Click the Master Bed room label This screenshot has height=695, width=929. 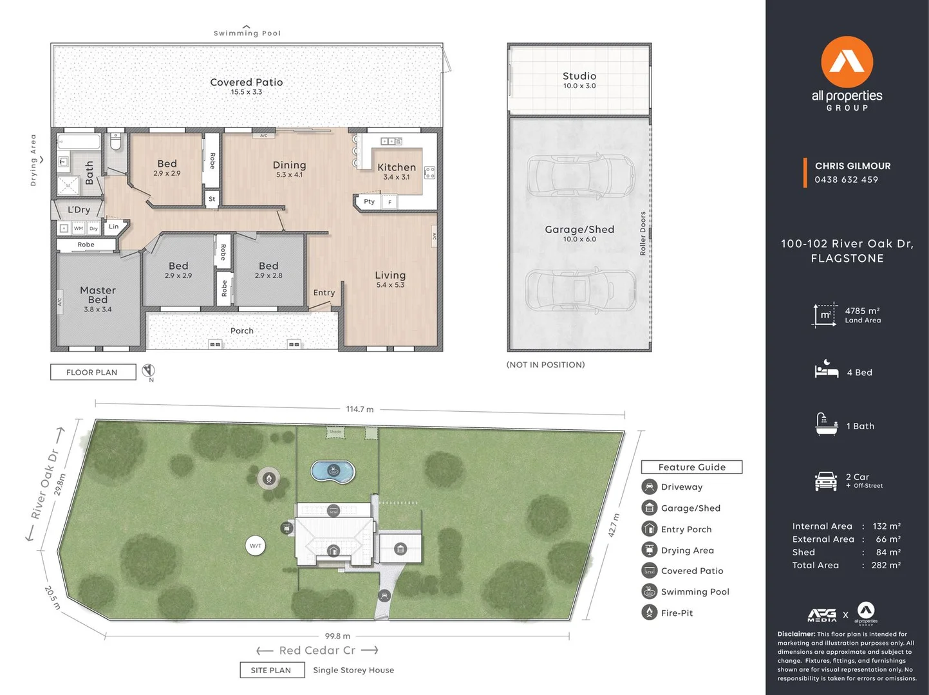click(x=98, y=295)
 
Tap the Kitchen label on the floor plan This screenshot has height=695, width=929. click(x=397, y=167)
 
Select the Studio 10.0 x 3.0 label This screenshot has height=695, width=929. click(x=579, y=80)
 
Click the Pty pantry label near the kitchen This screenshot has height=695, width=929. click(x=369, y=201)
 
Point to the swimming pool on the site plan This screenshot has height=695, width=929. click(x=332, y=471)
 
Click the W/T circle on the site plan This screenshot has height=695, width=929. click(x=256, y=546)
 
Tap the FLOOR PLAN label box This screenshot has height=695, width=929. click(x=93, y=372)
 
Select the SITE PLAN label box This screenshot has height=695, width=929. click(x=270, y=670)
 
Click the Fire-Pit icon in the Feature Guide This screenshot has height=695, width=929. click(x=649, y=613)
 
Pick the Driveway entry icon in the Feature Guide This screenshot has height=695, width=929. click(x=649, y=487)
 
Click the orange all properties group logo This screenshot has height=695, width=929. click(x=847, y=62)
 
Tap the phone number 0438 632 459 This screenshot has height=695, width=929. click(x=846, y=180)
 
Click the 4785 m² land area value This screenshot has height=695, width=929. click(x=862, y=311)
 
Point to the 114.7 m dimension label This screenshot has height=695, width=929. click(x=359, y=409)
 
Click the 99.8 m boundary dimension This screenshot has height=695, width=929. click(x=337, y=636)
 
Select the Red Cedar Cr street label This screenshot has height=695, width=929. click(x=317, y=651)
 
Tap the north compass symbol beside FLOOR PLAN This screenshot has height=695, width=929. click(x=149, y=371)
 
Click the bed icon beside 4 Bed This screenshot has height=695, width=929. click(x=826, y=370)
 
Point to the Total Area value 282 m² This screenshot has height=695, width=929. click(x=886, y=565)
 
